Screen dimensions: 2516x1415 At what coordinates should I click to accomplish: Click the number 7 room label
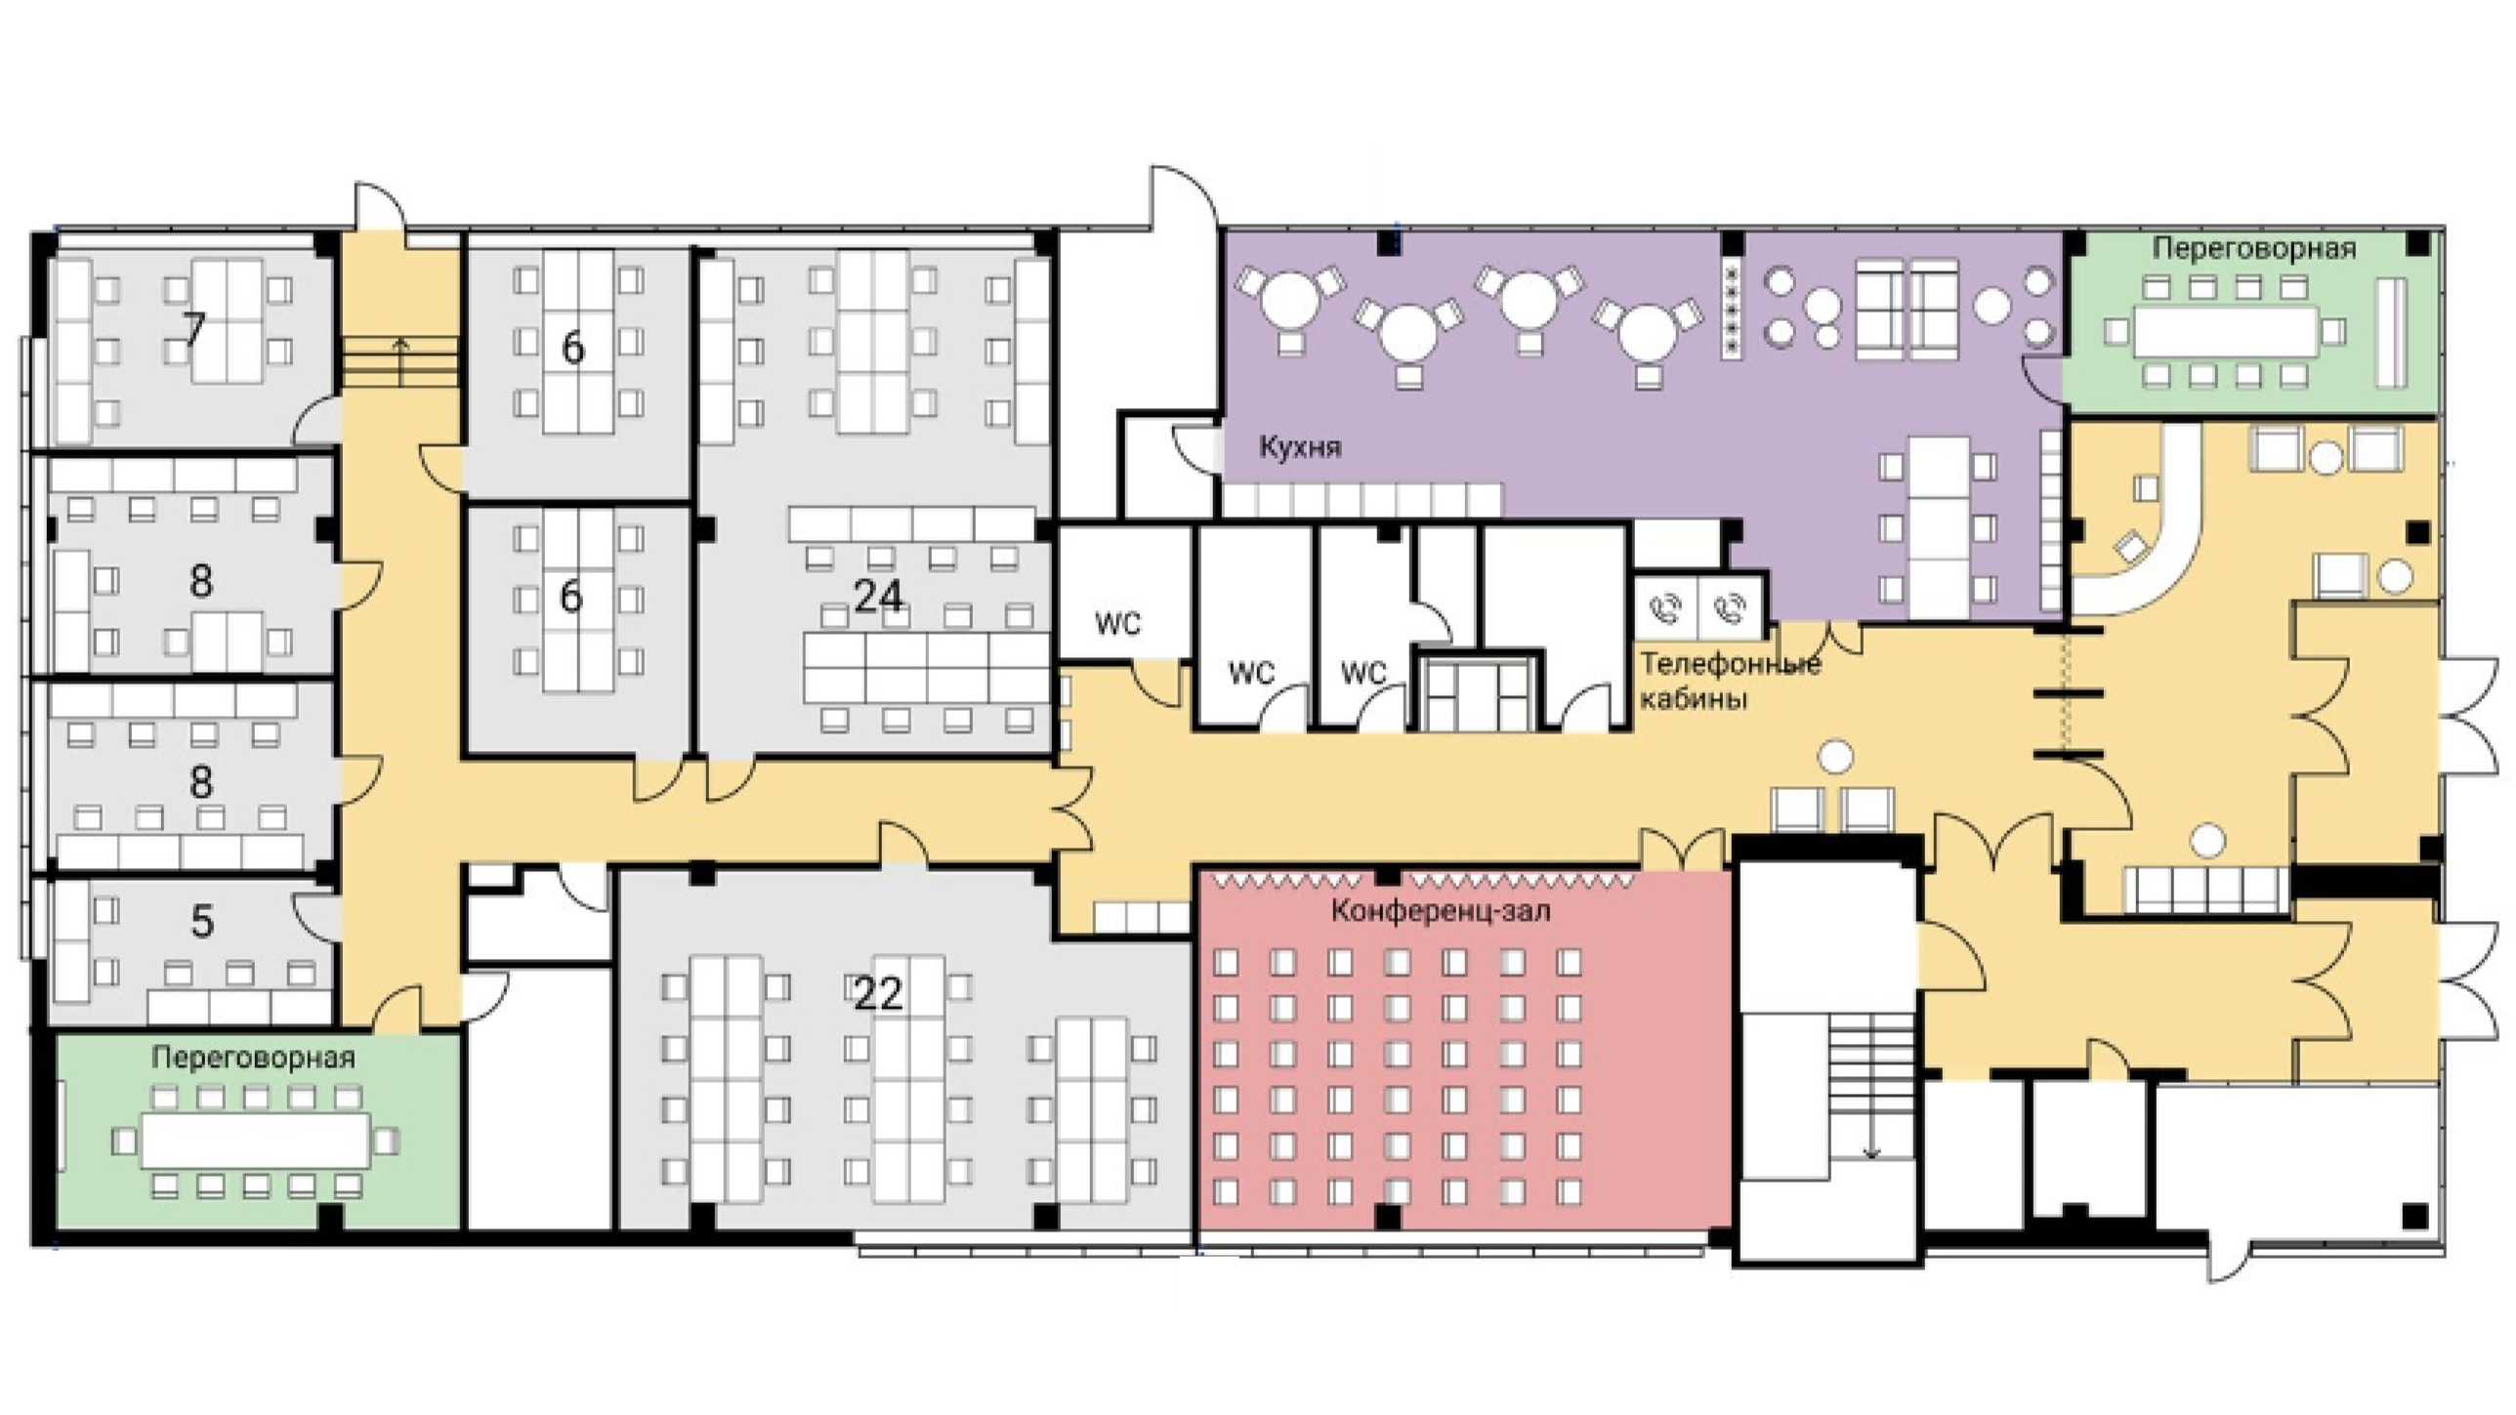pos(194,329)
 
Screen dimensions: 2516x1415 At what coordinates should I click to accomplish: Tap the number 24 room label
pos(878,596)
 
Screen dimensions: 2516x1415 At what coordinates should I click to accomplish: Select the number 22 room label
pos(877,994)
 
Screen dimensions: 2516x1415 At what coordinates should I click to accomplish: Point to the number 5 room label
pos(201,921)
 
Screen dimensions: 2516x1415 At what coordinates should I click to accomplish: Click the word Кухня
pos(1300,447)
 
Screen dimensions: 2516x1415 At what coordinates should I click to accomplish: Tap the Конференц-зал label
pos(1440,911)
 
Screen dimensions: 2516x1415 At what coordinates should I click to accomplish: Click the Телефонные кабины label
pos(1730,681)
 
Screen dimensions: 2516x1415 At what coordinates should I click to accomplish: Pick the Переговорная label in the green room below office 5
pos(253,1057)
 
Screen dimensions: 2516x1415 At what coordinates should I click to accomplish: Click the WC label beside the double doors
pos(1117,622)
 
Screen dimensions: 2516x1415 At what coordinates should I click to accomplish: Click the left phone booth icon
pos(1666,608)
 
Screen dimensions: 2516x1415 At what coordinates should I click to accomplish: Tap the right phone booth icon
pos(1732,608)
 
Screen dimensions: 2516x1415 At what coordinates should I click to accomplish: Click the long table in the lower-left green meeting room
pos(256,1140)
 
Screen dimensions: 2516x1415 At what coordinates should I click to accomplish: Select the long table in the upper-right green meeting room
pos(2225,332)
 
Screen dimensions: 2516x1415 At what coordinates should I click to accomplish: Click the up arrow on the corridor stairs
pos(400,361)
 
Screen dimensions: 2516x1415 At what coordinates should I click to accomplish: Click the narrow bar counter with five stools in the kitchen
pos(1733,310)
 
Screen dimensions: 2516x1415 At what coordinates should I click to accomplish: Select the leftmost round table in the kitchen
pos(1289,299)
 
